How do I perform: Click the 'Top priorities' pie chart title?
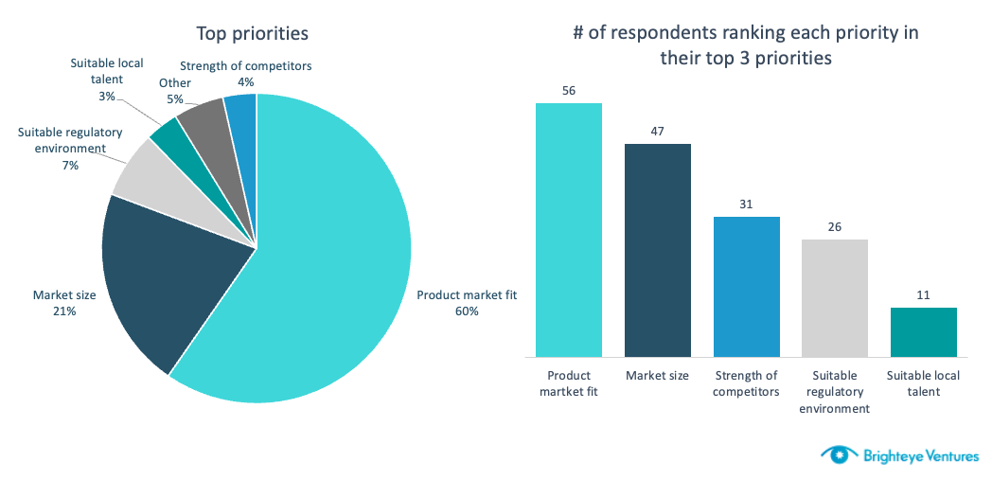(x=252, y=34)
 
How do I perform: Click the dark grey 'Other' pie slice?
(x=203, y=120)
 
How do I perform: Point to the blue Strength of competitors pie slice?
(x=240, y=112)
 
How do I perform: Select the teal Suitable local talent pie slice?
(x=168, y=138)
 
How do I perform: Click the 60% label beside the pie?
(x=466, y=311)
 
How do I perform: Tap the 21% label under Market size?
(x=64, y=311)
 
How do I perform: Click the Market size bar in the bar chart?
(x=657, y=250)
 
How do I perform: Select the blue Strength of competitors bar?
(x=746, y=287)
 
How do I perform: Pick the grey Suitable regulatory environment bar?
(x=834, y=298)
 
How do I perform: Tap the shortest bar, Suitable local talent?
(x=923, y=332)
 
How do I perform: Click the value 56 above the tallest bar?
(x=569, y=91)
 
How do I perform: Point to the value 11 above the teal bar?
(x=923, y=295)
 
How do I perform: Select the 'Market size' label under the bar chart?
(x=657, y=376)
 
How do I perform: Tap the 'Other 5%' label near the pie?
(x=175, y=90)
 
